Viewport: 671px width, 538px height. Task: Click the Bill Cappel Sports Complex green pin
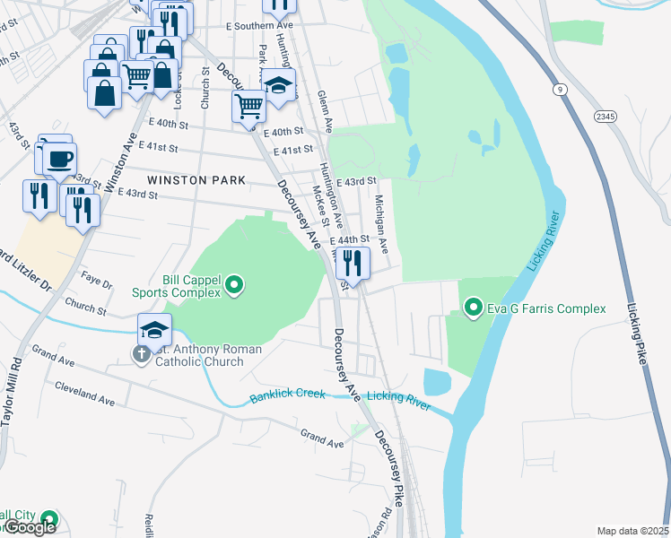(235, 286)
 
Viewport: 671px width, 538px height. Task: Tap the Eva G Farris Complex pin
(473, 309)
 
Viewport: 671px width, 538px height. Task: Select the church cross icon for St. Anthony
(141, 355)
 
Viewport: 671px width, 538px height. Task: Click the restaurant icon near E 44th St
(352, 264)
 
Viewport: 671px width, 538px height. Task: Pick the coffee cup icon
(59, 161)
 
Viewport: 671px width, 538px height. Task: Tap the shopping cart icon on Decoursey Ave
(248, 107)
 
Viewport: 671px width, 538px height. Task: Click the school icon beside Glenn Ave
(279, 86)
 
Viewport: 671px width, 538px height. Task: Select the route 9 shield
(559, 90)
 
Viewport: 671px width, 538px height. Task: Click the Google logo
(30, 527)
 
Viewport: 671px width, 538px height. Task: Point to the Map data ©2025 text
(632, 531)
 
